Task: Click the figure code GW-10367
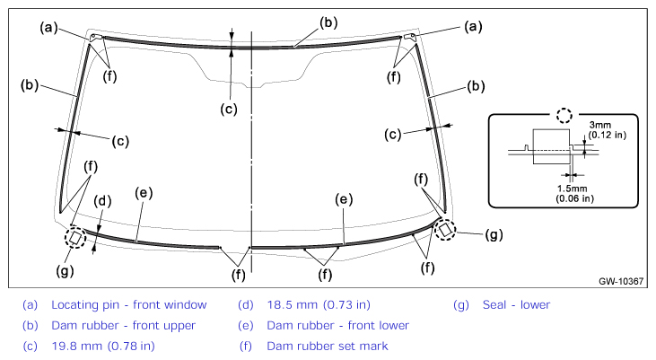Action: [x=621, y=281]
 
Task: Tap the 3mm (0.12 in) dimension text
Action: [x=607, y=130]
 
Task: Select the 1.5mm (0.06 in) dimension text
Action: [x=574, y=193]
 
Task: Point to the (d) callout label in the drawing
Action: [x=102, y=201]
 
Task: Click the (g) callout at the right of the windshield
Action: [x=494, y=235]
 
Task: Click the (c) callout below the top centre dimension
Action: [x=229, y=110]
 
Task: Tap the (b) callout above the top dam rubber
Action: [x=328, y=22]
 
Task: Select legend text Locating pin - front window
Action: [x=129, y=304]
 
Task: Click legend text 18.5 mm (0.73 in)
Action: [x=319, y=304]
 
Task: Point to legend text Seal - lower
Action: [x=516, y=304]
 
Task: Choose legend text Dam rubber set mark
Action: [x=328, y=347]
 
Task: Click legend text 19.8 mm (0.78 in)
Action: [x=103, y=347]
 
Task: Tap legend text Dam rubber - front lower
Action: [x=338, y=325]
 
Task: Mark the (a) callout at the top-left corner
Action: [x=48, y=28]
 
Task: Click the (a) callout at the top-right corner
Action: [x=473, y=27]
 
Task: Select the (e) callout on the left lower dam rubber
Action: [x=144, y=193]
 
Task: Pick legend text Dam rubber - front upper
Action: [x=124, y=325]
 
